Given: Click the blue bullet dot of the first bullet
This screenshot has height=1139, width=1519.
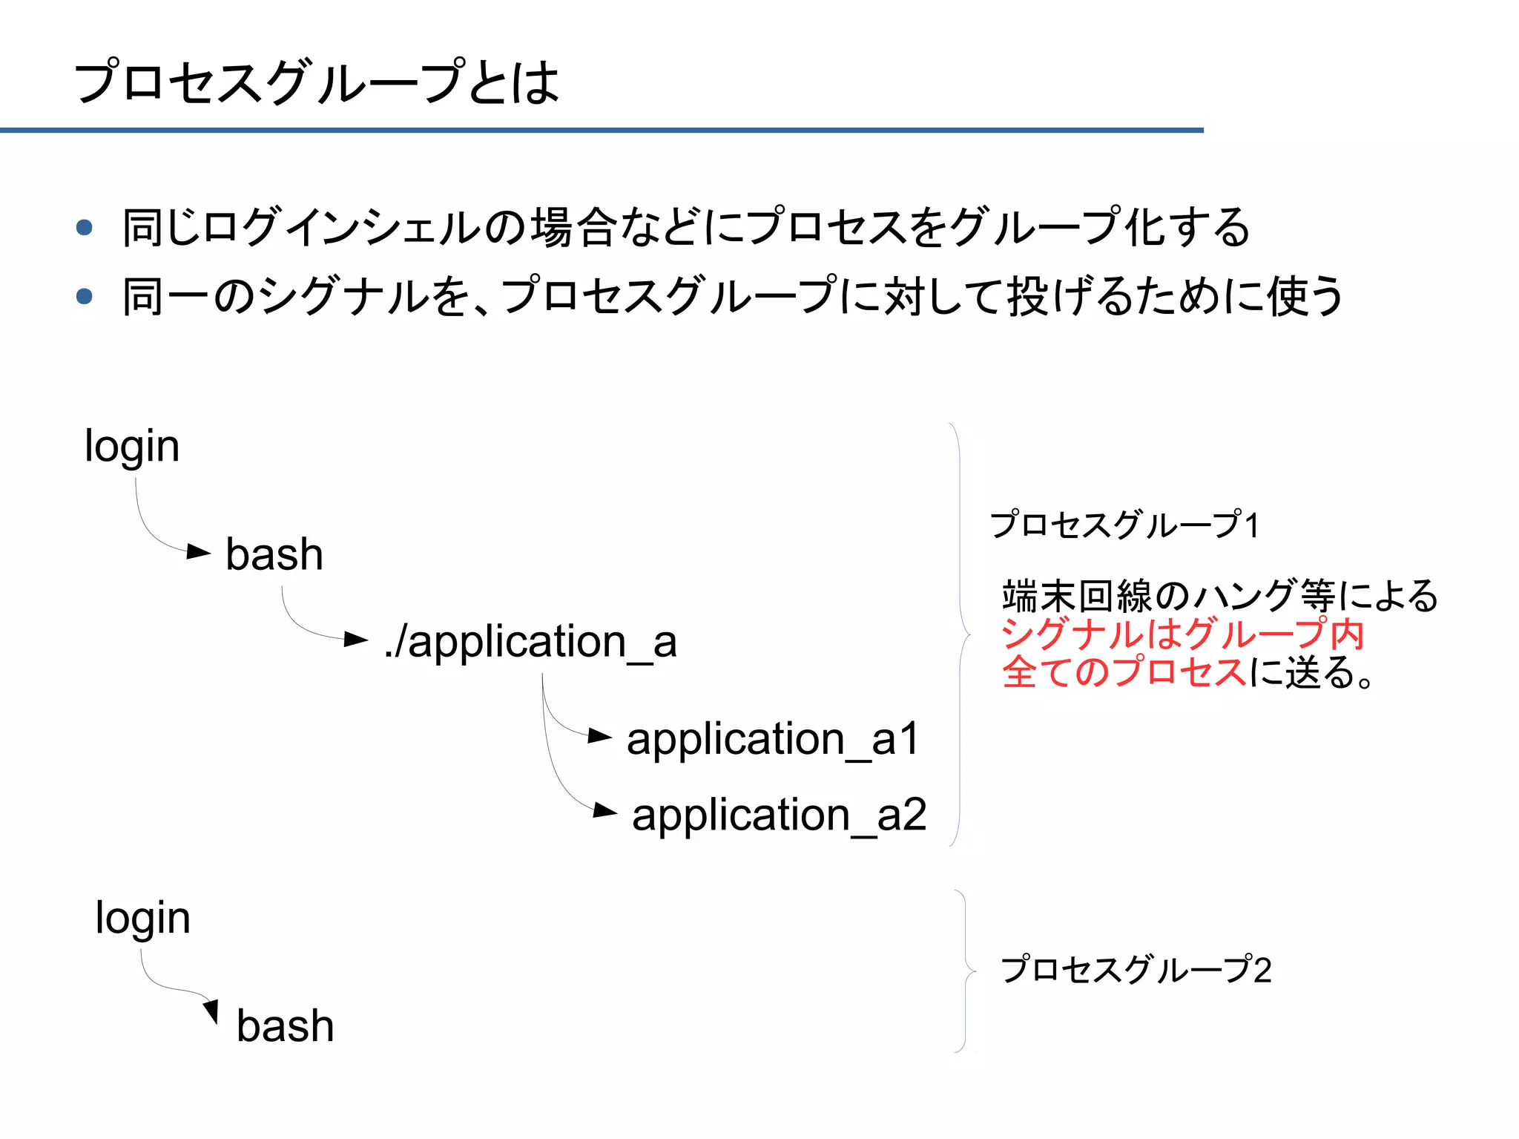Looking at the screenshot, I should point(85,227).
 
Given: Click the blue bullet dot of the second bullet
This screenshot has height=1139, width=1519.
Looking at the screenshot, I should point(85,296).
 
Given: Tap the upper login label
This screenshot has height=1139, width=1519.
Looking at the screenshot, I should point(132,447).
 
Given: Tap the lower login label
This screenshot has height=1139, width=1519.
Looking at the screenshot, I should point(142,919).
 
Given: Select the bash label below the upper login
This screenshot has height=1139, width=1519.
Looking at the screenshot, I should point(274,555).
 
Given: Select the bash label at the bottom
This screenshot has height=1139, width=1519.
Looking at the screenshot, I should point(285,1026).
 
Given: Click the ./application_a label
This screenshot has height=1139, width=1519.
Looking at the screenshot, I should point(530,642).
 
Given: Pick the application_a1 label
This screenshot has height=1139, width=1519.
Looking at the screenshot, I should point(773,739).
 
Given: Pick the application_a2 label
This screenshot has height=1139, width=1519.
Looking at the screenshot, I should point(779,815).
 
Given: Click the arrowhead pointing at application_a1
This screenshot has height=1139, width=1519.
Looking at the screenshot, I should point(599,736).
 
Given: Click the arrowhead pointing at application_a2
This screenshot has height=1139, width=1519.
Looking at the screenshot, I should point(604,811).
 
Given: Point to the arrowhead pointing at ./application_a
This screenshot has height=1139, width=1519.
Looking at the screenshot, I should point(356,639).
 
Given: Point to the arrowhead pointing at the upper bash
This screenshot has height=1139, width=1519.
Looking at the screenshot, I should point(198,551).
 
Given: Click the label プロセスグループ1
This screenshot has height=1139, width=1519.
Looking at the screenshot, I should point(1124,525).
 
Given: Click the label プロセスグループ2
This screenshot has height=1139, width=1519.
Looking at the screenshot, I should point(1136,970).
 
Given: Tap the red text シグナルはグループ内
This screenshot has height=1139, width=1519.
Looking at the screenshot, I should point(1182,634).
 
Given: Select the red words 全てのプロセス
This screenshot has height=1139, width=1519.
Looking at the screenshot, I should point(1124,672).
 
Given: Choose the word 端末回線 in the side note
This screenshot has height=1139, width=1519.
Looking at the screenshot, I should point(1077,596).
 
